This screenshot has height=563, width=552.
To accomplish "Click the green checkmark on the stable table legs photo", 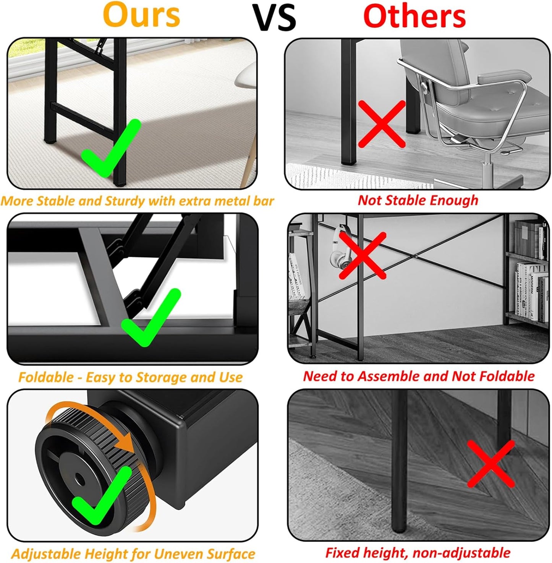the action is (111, 148).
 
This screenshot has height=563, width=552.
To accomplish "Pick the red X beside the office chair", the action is (382, 124).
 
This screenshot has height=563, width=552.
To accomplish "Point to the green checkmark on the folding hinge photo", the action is (151, 317).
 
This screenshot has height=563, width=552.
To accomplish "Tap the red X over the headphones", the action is (363, 255).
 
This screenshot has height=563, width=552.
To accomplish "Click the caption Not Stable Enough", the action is (418, 200).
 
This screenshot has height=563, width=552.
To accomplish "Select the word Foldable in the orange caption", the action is (46, 377).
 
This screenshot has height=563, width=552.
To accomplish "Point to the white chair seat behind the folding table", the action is (246, 75).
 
